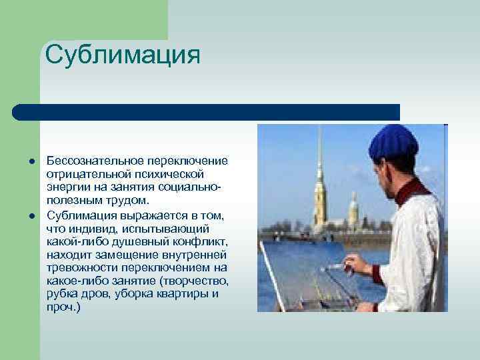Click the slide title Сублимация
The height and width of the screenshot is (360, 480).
tap(123, 54)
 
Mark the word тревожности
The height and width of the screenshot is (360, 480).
tap(79, 267)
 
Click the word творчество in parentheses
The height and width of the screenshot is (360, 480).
tap(193, 280)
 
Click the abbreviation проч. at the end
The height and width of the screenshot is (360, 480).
tap(63, 307)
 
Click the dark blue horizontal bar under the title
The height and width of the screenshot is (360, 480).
tap(207, 112)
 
